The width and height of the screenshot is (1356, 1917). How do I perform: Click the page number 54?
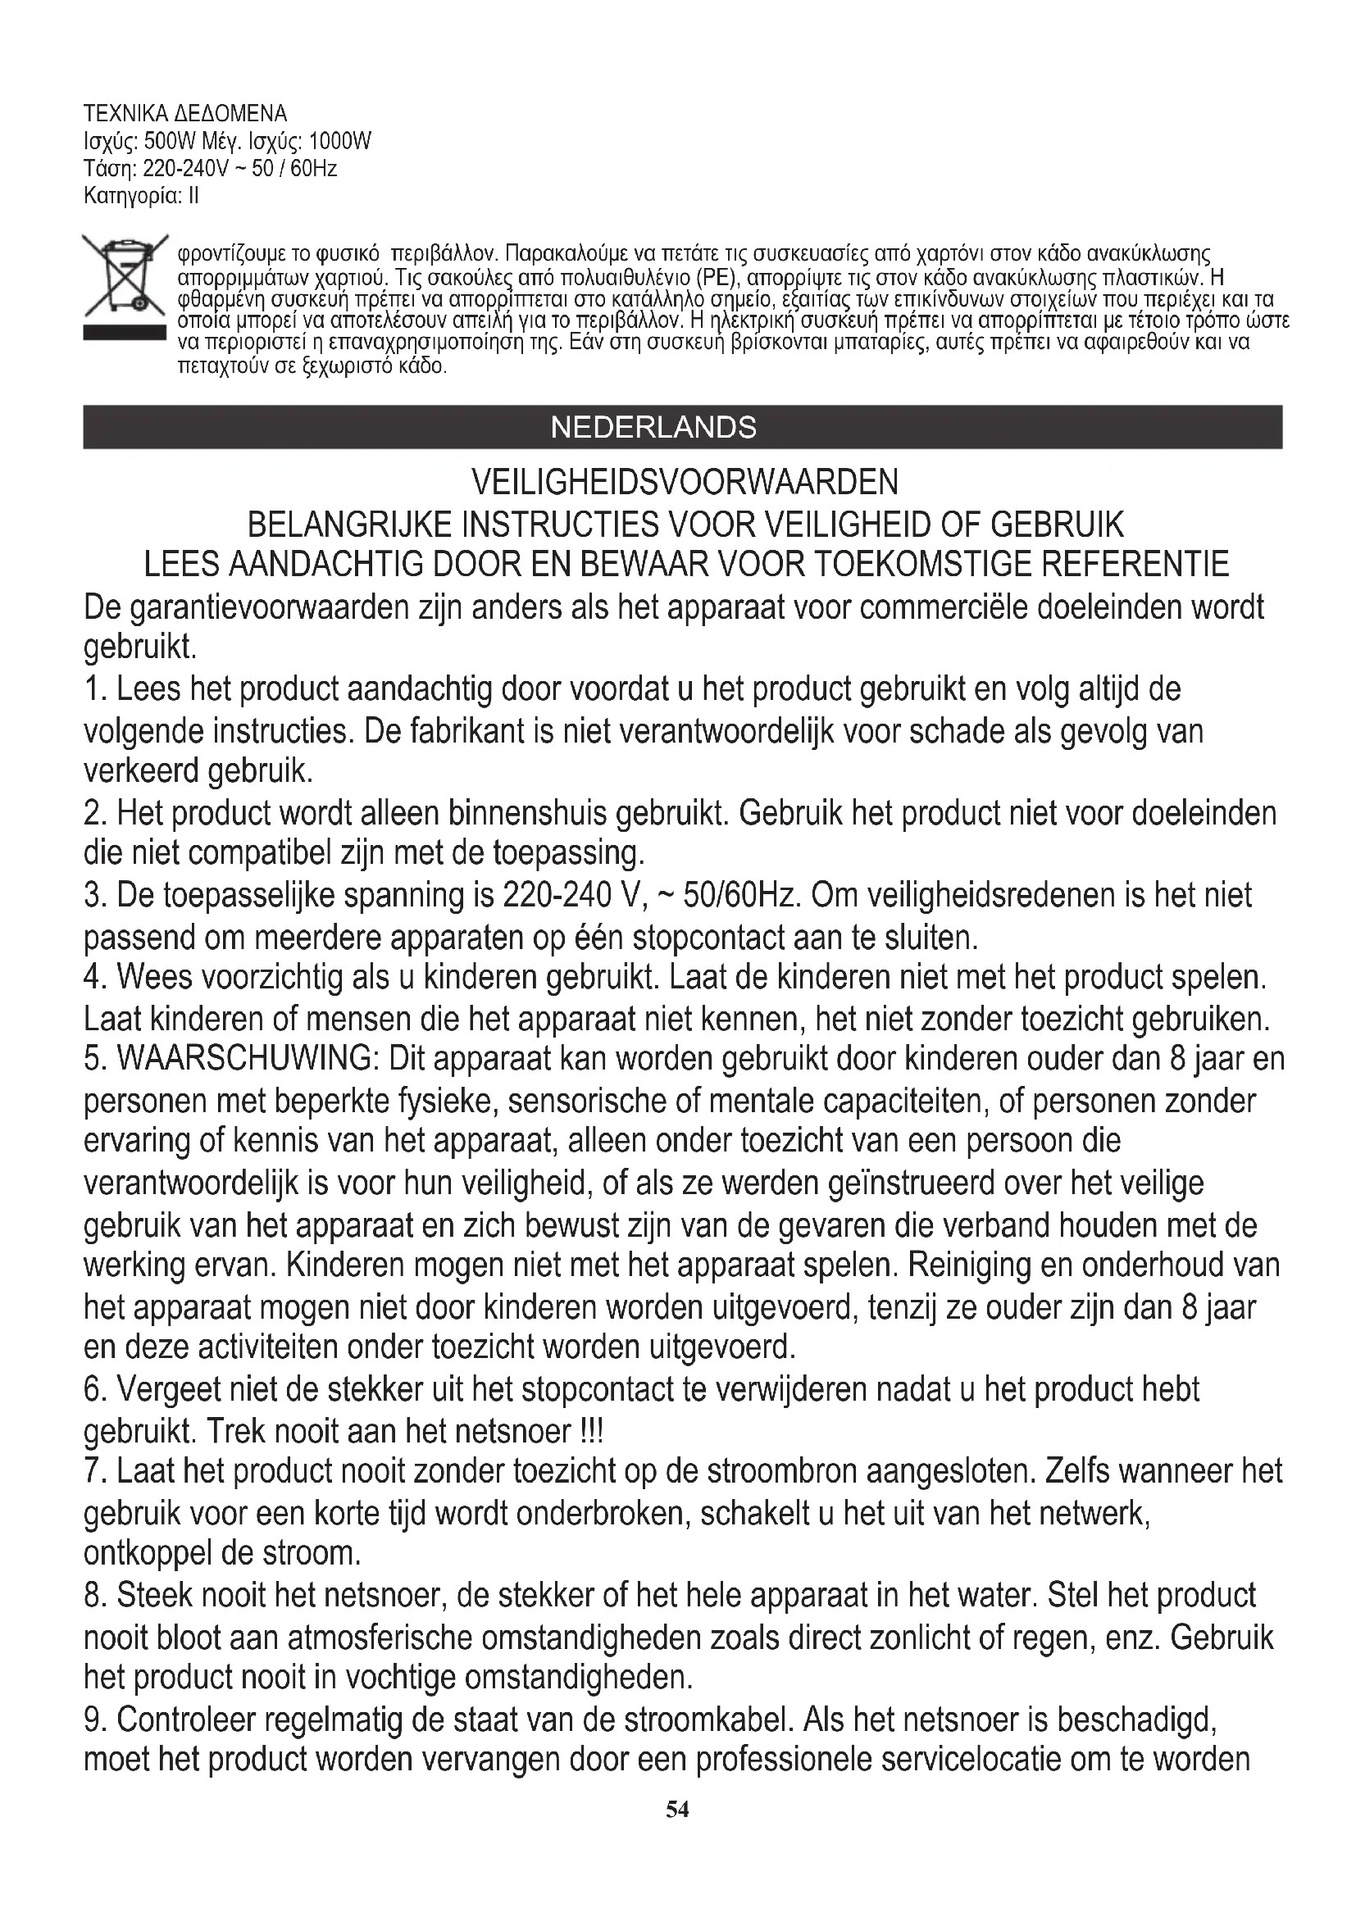[x=677, y=1809]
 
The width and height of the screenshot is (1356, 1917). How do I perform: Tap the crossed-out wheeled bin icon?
[x=124, y=276]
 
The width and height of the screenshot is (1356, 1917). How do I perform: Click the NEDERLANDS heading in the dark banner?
[x=653, y=428]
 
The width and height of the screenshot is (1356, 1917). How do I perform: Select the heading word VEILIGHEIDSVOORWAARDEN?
[x=685, y=482]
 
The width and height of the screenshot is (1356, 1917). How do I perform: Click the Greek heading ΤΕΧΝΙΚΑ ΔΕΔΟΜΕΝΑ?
[x=185, y=114]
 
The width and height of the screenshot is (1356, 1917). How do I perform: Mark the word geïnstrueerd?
[x=923, y=1183]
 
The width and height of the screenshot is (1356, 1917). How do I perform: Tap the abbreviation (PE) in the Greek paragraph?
[x=714, y=278]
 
